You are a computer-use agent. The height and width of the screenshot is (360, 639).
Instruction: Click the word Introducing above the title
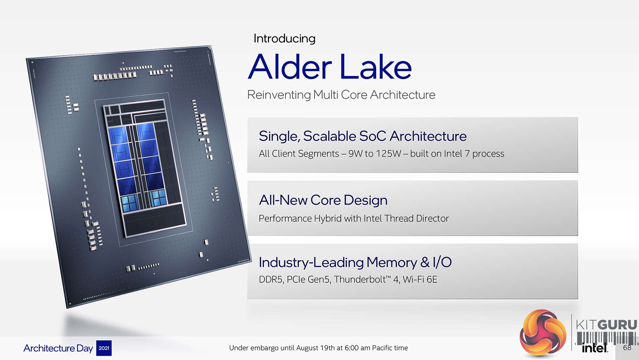pos(284,39)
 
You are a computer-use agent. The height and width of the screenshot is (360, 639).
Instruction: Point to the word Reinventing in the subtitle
pos(279,95)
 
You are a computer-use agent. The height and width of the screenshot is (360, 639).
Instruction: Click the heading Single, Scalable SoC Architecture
pos(363,136)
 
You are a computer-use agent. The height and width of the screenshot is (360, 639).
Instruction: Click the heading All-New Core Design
pos(323,200)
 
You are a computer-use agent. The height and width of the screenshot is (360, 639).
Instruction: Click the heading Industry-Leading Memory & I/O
pos(355,262)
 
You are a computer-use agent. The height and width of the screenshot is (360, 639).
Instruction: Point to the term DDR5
pos(271,279)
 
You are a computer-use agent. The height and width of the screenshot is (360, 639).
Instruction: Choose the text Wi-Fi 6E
pos(420,279)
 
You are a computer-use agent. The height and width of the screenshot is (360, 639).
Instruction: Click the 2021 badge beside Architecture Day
pos(104,348)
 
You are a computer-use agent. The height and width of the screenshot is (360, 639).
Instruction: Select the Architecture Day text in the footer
pos(58,348)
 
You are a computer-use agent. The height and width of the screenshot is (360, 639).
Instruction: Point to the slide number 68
pos(627,348)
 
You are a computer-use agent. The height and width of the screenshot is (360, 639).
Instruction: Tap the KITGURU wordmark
pos(606,325)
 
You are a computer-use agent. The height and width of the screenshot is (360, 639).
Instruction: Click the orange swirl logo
pos(543,332)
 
